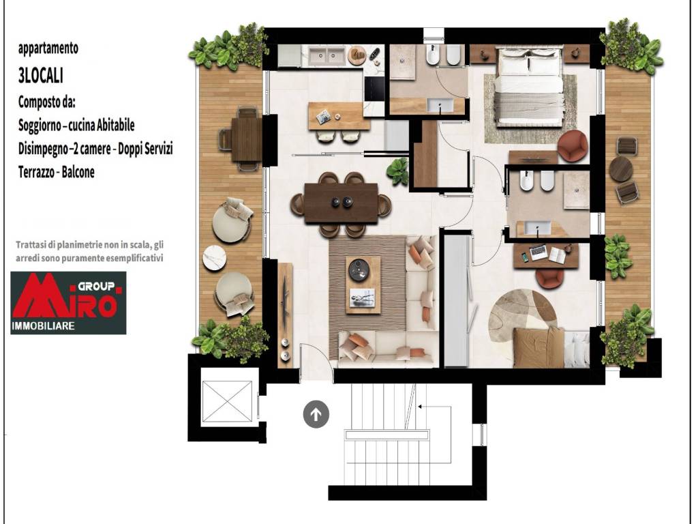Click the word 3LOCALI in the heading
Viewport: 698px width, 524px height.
click(40, 76)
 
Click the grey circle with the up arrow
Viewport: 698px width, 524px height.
click(316, 414)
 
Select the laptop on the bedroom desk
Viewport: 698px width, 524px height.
click(538, 252)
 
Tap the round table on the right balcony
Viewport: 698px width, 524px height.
click(621, 169)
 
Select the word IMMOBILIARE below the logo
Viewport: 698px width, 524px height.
click(43, 326)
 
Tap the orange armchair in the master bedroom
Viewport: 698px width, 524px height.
click(573, 145)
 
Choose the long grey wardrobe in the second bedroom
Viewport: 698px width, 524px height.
click(457, 301)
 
